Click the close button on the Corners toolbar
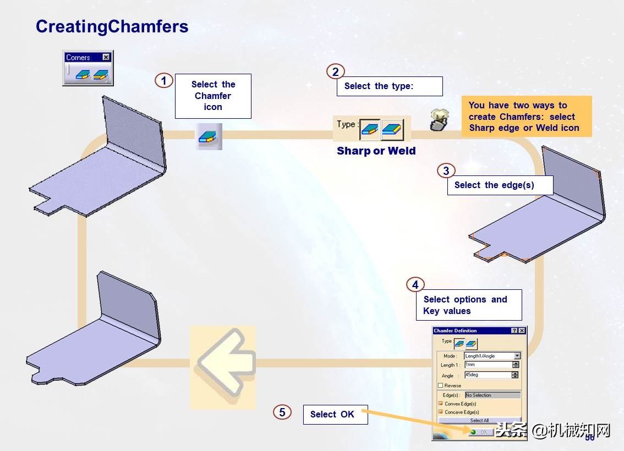106,57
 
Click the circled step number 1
163,81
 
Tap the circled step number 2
335,71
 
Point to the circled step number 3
446,171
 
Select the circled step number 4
415,284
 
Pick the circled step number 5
282,412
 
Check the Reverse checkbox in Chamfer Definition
440,386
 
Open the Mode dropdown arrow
517,356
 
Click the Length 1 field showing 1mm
488,365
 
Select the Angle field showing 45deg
488,375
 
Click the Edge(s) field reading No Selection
492,395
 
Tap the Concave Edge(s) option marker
440,411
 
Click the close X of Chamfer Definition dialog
522,331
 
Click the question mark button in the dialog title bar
514,331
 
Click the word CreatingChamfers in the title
112,26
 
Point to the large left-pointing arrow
222,367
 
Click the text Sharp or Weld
376,151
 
